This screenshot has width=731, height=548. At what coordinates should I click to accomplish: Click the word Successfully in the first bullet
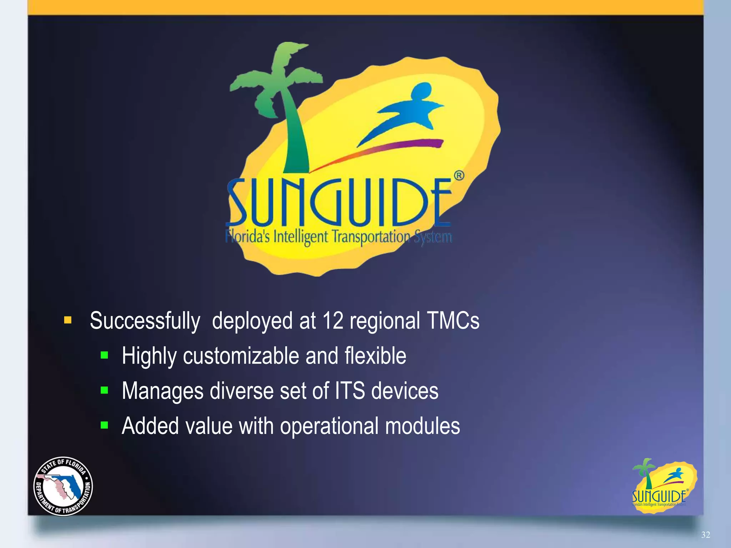[145, 321]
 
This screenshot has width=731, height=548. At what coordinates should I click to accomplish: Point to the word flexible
[375, 356]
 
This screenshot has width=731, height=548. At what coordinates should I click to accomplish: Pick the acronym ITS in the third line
[350, 391]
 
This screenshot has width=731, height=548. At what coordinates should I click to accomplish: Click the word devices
[405, 391]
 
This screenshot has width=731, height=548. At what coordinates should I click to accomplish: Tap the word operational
[329, 426]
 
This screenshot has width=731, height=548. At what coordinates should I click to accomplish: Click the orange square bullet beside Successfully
[67, 320]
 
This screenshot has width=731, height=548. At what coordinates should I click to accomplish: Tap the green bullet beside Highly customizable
[104, 355]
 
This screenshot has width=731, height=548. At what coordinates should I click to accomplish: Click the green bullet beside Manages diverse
[104, 390]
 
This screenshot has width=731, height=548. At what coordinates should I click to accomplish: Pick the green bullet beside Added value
[104, 425]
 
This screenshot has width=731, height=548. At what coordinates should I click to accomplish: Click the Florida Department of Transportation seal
[63, 486]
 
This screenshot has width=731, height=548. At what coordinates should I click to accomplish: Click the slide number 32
[705, 534]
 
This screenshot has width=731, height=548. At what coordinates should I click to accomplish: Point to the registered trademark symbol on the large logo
[459, 176]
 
